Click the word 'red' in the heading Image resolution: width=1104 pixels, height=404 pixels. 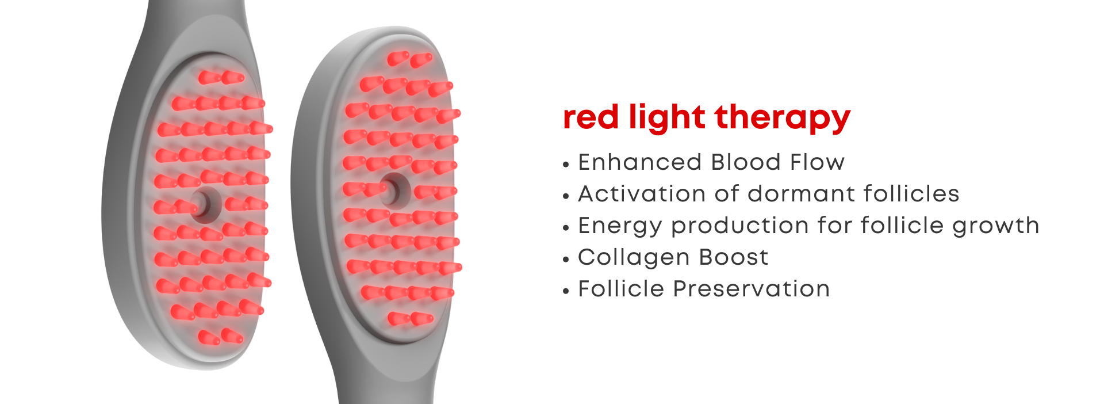click(x=591, y=117)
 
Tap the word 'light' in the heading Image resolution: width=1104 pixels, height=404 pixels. click(x=667, y=119)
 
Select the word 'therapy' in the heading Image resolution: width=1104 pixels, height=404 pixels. click(x=783, y=119)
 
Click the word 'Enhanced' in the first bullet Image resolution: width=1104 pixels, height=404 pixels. click(x=640, y=162)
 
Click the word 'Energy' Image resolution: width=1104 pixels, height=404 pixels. click(x=620, y=226)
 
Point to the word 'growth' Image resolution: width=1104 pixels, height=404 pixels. click(x=996, y=226)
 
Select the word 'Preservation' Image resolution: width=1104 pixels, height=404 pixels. click(x=752, y=289)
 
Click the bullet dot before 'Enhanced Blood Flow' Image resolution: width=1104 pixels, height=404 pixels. click(x=566, y=165)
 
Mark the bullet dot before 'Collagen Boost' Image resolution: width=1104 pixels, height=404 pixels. click(x=566, y=260)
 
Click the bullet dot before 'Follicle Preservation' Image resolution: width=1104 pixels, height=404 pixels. click(x=566, y=291)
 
